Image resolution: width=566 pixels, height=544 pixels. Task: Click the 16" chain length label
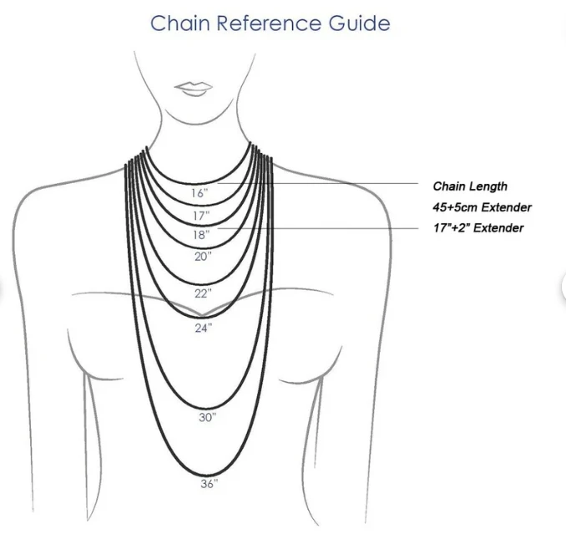(199, 193)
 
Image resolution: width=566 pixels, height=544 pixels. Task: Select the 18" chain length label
(201, 235)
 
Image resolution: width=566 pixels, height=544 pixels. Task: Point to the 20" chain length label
(203, 257)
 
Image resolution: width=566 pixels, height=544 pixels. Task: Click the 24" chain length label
(204, 328)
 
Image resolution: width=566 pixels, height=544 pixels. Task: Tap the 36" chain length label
(209, 483)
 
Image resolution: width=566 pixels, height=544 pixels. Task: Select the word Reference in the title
(270, 23)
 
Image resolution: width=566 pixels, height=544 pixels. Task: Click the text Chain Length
(469, 186)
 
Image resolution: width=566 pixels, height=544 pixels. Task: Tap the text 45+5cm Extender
(482, 207)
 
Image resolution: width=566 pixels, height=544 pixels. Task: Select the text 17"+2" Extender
(478, 228)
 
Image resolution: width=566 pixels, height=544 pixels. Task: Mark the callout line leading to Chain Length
(334, 184)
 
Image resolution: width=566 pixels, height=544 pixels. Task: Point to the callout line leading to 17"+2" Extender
(334, 227)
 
